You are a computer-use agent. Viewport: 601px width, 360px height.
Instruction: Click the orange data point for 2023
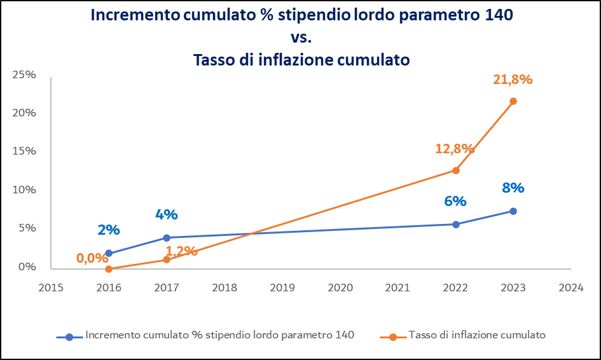tap(513, 101)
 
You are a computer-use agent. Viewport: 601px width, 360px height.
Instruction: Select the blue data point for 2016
tap(109, 253)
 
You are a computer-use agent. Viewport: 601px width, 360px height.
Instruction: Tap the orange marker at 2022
tap(455, 170)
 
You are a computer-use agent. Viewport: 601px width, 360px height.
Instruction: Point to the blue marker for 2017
tap(167, 238)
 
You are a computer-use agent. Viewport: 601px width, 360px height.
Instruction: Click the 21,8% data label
tap(513, 80)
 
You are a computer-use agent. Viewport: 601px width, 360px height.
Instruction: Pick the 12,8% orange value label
tap(455, 149)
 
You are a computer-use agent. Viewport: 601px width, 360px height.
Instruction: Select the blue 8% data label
tap(513, 188)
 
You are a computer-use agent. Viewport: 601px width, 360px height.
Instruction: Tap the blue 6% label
tap(455, 202)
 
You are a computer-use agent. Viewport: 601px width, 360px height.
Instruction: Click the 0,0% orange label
tap(92, 259)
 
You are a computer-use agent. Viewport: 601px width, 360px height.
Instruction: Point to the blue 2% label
tap(109, 230)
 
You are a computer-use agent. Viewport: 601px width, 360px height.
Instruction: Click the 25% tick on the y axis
tap(25, 74)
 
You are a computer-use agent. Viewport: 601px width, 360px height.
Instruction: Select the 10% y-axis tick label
tap(25, 190)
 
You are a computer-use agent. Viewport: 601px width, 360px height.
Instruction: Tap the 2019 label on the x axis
tap(282, 287)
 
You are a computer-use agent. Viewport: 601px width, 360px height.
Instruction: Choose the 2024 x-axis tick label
tap(570, 287)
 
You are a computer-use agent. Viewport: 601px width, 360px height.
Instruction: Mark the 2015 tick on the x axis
tap(51, 287)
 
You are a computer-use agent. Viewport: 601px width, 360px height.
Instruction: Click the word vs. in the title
tap(301, 38)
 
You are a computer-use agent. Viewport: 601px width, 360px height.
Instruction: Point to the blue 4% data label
tap(167, 215)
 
